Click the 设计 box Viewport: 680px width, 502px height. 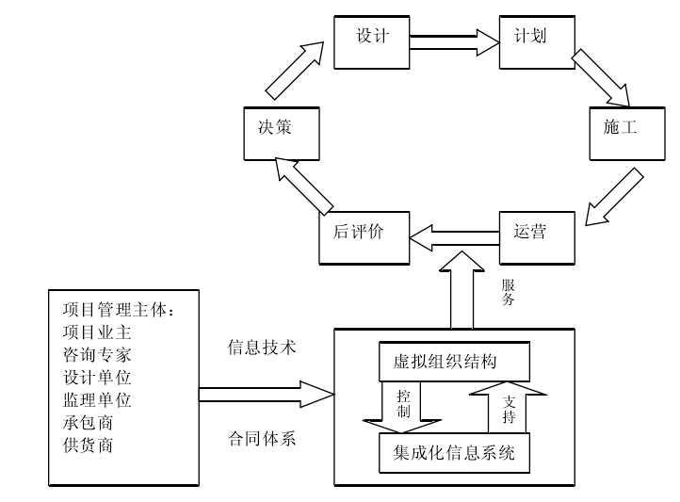tap(371, 40)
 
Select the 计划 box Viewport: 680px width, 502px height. tap(536, 40)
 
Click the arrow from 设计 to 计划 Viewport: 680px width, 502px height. tap(454, 40)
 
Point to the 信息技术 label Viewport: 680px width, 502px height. tap(262, 348)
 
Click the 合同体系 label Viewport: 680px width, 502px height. tap(262, 439)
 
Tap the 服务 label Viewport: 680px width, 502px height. tap(509, 292)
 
